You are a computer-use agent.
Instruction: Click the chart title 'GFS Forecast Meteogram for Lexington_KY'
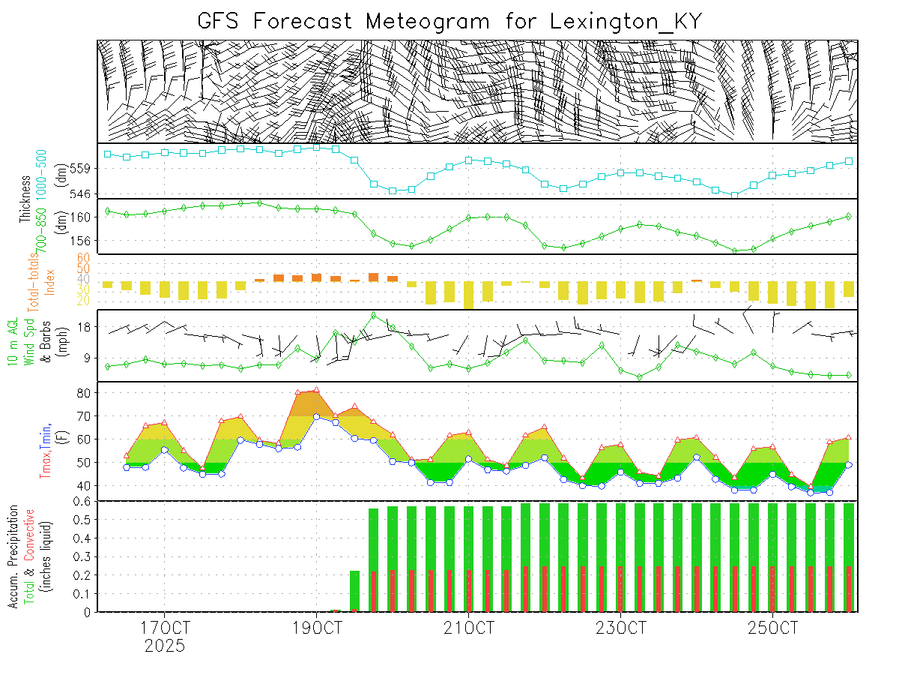point(449,21)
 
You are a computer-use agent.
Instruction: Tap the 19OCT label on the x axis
point(317,627)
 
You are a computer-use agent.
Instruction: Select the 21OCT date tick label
point(468,627)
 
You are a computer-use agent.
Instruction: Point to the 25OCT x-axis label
point(772,627)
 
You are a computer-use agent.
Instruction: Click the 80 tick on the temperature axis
point(85,392)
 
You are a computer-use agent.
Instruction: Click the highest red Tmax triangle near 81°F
point(317,390)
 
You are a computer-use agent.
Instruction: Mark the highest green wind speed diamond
point(374,315)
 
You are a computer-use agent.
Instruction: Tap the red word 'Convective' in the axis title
point(30,534)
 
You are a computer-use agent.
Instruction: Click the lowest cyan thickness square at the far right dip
point(734,195)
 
